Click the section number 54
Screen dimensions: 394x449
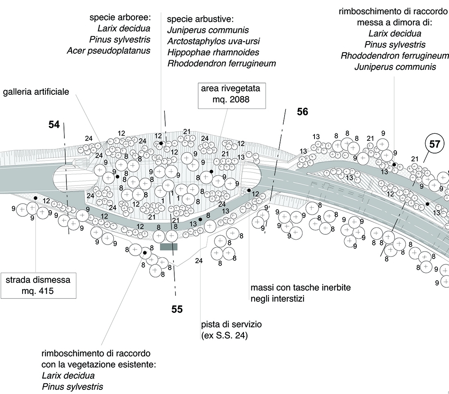(x=54, y=125)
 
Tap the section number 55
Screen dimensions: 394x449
(x=177, y=309)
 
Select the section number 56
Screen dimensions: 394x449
(x=302, y=112)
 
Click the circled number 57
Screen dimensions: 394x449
(x=435, y=144)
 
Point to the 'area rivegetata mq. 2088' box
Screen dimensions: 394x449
(x=231, y=94)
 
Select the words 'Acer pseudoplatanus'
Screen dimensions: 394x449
(x=108, y=51)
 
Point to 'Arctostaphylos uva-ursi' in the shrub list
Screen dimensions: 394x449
(x=214, y=42)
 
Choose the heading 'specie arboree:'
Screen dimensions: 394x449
(x=120, y=18)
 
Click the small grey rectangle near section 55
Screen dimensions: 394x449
(x=169, y=246)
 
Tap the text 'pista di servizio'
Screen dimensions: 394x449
(x=231, y=325)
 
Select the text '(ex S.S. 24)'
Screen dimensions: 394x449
(x=225, y=336)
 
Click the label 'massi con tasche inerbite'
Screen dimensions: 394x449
(x=301, y=287)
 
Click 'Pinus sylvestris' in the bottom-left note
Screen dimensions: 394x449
(x=72, y=386)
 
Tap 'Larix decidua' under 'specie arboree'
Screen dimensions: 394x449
(x=124, y=29)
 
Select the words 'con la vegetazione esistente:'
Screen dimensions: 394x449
(x=99, y=364)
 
